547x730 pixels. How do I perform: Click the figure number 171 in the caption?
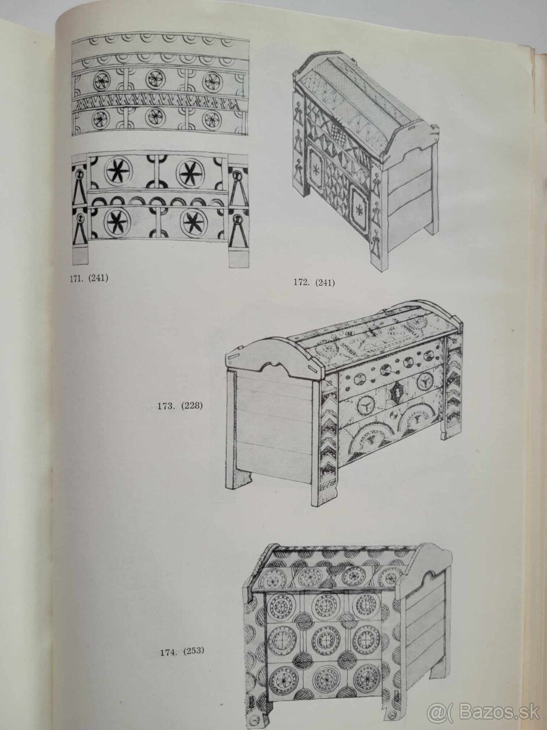(79, 280)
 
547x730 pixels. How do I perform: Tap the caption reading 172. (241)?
(313, 282)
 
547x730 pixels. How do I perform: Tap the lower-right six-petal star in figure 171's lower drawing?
(193, 223)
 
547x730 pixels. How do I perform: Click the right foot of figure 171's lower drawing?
(238, 257)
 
